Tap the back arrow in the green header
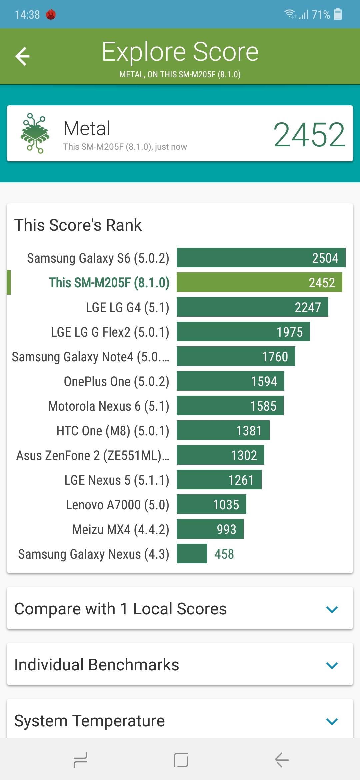23,56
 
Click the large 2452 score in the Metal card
309,134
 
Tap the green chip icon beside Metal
35,133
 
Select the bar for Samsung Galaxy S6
261,258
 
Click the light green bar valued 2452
259,282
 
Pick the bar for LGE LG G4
252,307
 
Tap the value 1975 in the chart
290,332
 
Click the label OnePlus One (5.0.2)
116,382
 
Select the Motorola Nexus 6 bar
230,406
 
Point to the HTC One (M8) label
113,431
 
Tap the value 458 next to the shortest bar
224,554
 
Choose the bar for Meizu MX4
210,529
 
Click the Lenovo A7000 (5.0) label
117,505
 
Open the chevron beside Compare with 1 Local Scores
332,609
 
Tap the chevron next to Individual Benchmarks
332,665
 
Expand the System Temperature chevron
332,721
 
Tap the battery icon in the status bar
338,14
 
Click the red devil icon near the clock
51,14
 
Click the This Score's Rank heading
78,225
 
